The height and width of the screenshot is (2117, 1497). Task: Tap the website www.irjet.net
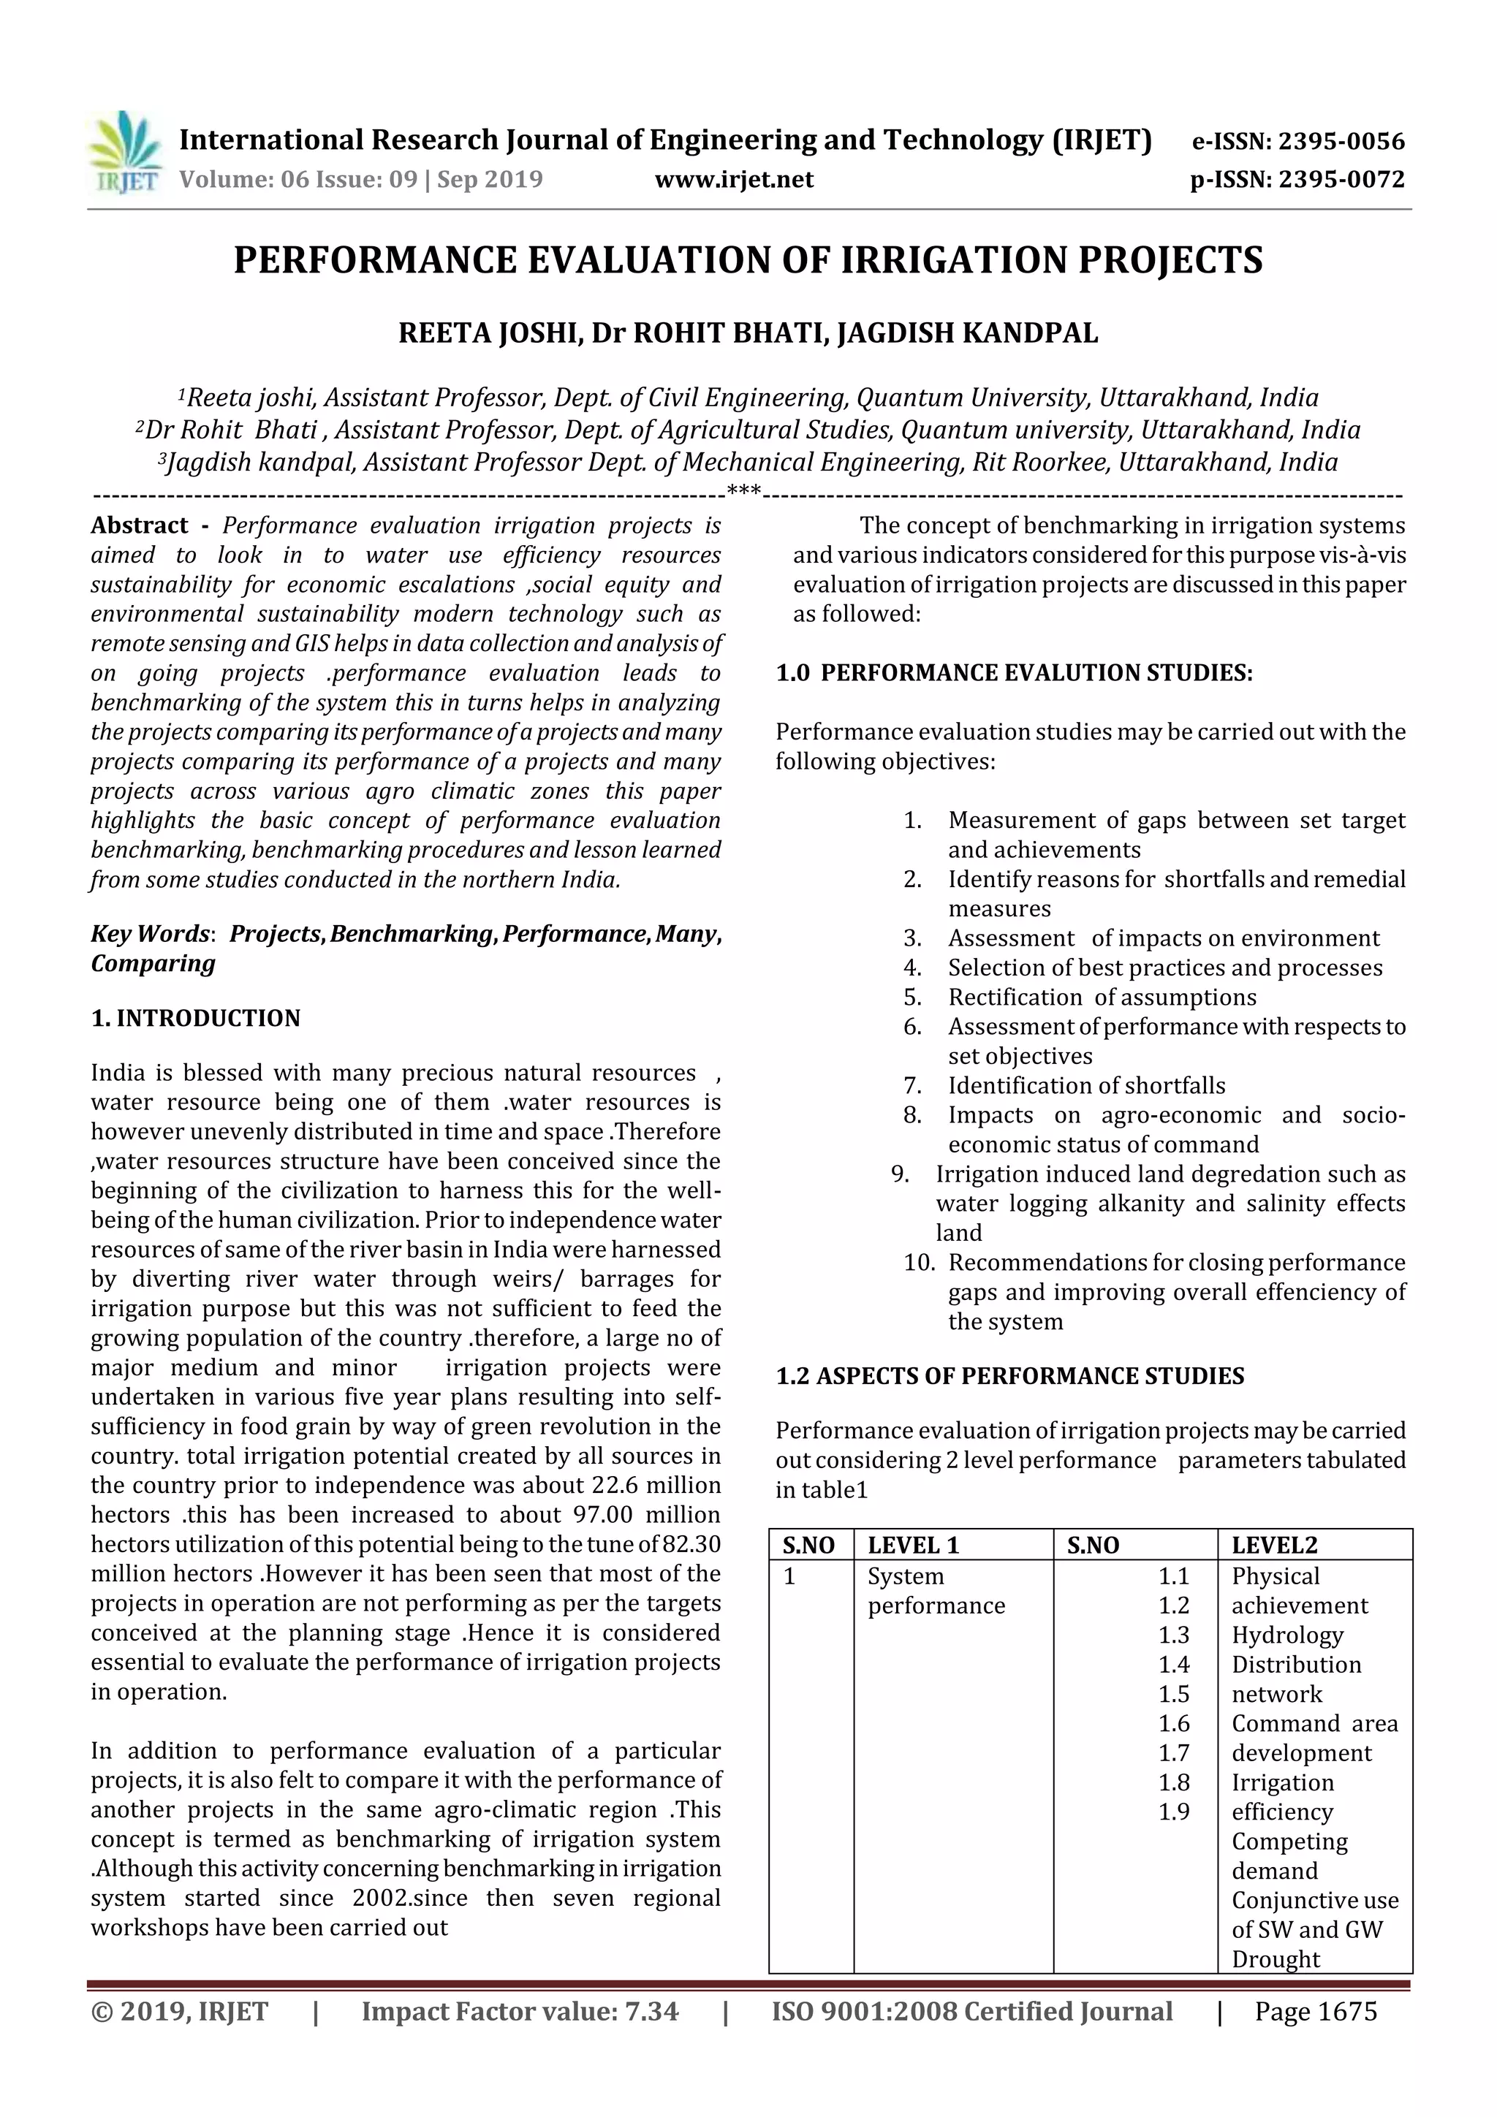point(734,179)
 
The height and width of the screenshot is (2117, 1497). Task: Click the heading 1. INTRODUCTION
point(196,1018)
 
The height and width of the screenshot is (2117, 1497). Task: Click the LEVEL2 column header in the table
point(1274,1546)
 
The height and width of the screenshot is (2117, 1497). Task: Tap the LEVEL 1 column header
point(913,1546)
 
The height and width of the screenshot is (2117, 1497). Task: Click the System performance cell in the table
point(936,1591)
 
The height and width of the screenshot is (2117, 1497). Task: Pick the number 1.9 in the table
point(1173,1812)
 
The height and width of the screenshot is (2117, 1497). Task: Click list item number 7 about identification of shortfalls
point(1085,1085)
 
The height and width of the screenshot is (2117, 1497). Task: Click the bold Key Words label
point(149,934)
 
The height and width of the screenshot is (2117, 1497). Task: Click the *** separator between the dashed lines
point(743,490)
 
